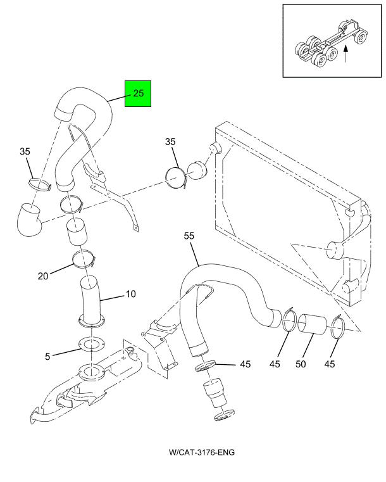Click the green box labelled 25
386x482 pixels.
pos(139,93)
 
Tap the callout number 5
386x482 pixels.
pos(47,357)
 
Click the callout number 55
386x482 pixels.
pos(189,236)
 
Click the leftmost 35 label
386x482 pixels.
pos(25,151)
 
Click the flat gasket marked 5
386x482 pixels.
pos(89,346)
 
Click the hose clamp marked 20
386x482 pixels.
pos(84,257)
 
